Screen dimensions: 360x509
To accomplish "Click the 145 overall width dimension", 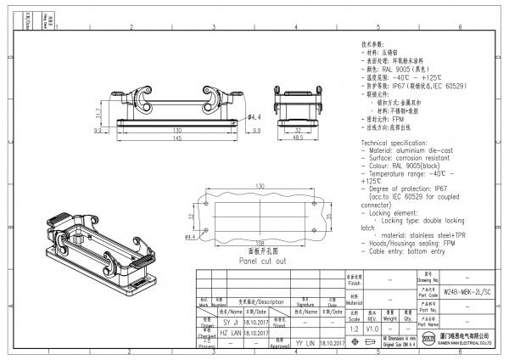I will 177,138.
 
